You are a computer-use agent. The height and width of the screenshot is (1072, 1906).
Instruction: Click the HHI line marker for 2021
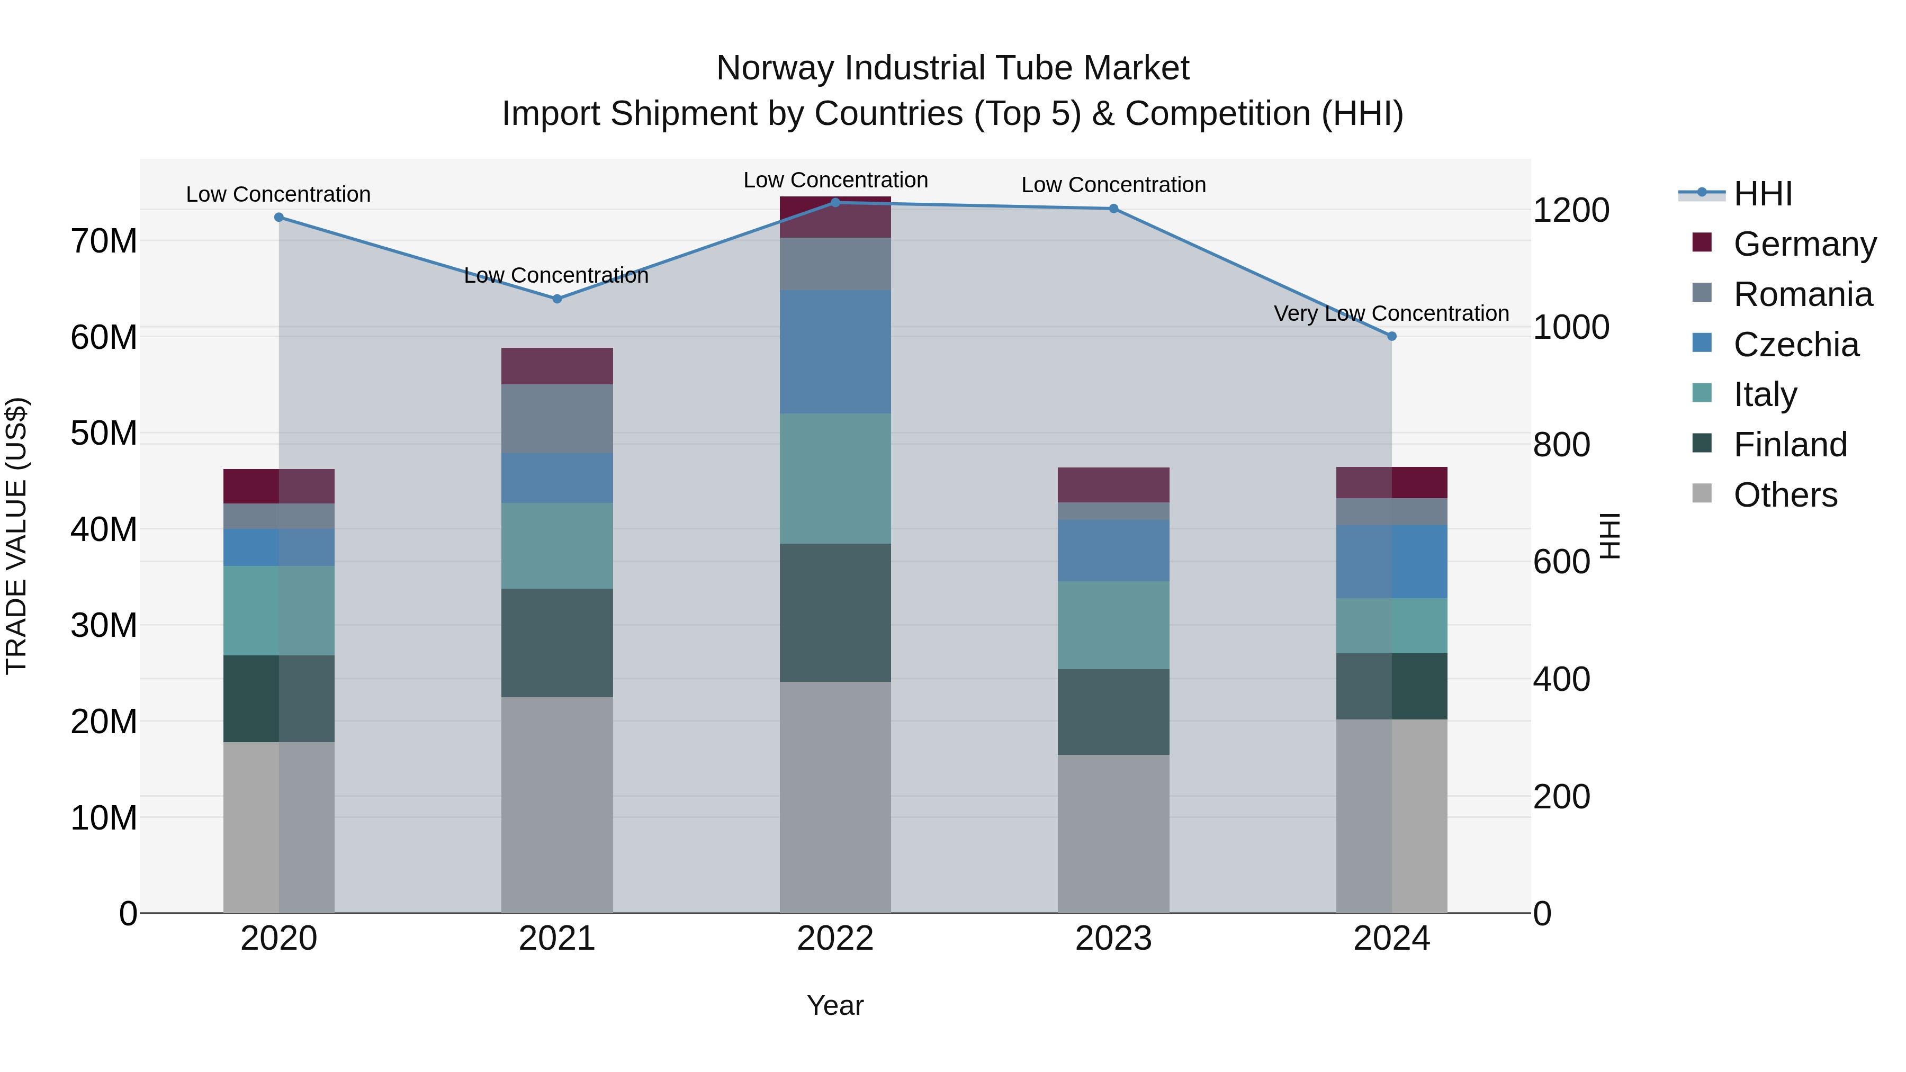tap(557, 299)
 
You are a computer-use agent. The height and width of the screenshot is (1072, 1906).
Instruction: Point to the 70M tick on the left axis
tap(104, 241)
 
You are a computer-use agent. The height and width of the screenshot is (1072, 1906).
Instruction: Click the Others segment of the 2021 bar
tap(557, 804)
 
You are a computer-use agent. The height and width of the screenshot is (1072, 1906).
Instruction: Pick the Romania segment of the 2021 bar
tap(557, 418)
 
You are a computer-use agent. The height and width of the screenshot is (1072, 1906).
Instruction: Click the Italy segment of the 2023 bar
tap(1113, 625)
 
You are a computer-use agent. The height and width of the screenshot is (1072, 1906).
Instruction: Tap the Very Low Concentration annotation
tap(1391, 314)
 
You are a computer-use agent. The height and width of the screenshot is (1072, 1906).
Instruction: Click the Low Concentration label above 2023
tap(1113, 185)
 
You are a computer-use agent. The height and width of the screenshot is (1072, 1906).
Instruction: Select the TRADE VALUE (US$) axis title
tap(16, 536)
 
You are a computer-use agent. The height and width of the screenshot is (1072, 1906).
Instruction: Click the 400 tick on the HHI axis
tap(1561, 679)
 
